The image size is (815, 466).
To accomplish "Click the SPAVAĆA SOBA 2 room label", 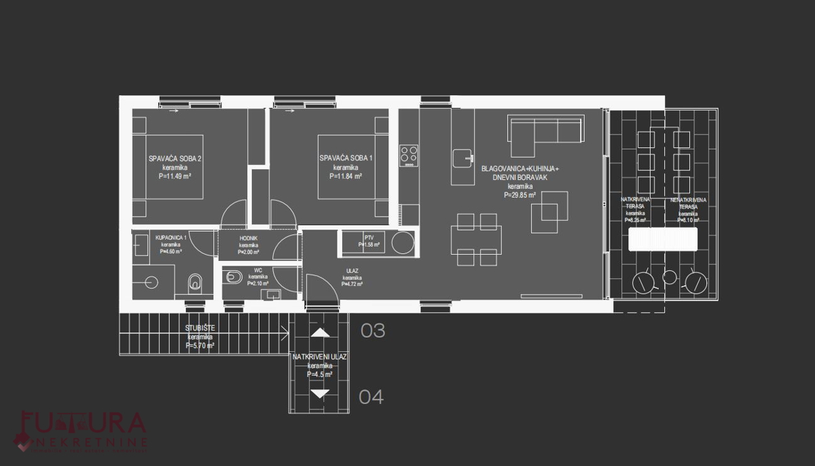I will click(175, 159).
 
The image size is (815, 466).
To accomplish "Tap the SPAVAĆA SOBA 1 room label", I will click(346, 159).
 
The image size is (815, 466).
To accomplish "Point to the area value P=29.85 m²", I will click(520, 194).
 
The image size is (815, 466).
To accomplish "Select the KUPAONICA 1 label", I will click(170, 237).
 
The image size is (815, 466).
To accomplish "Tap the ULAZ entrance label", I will click(351, 270).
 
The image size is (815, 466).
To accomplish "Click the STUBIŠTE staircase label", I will click(200, 329).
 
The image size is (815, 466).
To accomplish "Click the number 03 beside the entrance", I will click(373, 331).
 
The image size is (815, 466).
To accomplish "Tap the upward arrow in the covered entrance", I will click(320, 333).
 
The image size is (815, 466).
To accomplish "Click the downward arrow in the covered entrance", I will click(320, 393).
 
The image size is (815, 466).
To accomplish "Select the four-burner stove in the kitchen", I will click(409, 155).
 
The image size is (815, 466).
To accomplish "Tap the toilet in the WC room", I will click(234, 276).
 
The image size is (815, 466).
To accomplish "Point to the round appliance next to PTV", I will click(401, 243).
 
